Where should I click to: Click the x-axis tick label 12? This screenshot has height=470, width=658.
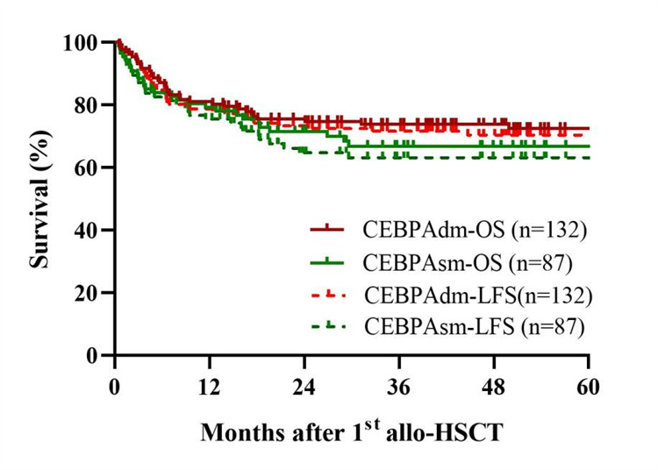tap(209, 386)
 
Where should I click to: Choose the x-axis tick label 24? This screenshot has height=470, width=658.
tap(304, 386)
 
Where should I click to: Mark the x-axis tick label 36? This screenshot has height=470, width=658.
tap(399, 386)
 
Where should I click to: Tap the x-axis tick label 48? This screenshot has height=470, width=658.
tap(494, 386)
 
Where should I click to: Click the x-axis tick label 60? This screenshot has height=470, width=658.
tap(589, 386)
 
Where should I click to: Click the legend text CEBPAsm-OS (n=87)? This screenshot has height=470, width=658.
tap(469, 261)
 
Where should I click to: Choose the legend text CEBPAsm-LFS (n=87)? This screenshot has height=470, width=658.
tap(474, 326)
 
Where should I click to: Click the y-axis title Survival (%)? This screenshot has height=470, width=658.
tap(39, 197)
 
